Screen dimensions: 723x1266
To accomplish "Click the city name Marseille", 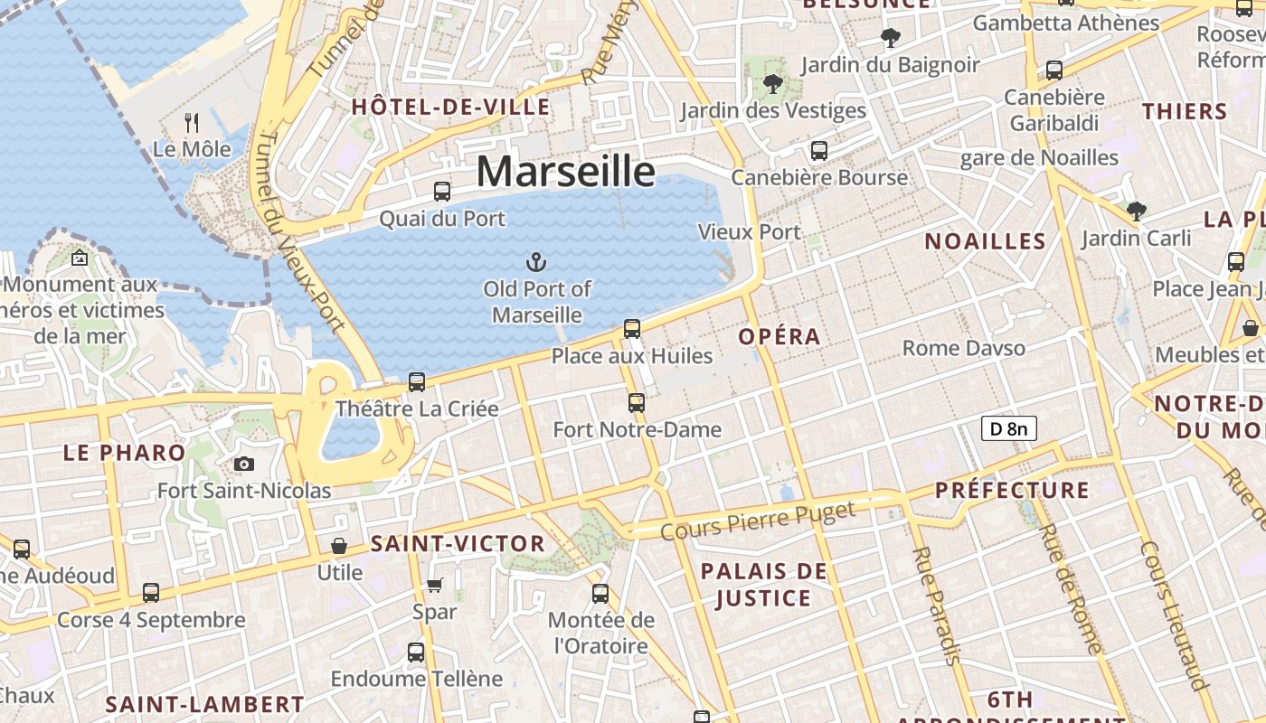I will tap(565, 171).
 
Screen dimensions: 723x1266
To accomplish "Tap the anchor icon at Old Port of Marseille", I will tap(537, 263).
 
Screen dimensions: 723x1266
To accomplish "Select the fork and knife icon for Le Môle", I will tap(192, 122).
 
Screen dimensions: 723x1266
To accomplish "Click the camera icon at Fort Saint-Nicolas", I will tap(243, 465).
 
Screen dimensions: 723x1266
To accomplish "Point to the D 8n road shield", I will tap(1008, 428).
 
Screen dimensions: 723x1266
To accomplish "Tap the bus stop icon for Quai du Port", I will tap(442, 192).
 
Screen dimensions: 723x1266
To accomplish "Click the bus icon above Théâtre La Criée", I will tap(417, 382).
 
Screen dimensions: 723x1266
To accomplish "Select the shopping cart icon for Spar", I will tap(435, 586).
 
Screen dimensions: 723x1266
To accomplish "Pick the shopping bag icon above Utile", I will tap(339, 546).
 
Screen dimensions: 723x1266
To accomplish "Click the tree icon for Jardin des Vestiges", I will tap(773, 85).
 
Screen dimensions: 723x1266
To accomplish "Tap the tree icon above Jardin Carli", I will tap(1137, 211).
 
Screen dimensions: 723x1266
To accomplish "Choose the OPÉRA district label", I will tap(779, 337).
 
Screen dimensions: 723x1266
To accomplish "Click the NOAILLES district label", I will tap(985, 241).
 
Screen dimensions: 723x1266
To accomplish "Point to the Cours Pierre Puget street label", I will tap(758, 522).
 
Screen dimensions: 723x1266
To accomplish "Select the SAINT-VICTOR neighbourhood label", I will tap(458, 544).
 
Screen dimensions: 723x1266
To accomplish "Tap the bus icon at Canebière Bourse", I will tap(819, 151).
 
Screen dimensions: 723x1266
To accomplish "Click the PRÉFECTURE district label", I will tap(1012, 491).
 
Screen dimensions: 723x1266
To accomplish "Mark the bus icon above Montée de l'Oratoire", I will tap(600, 594).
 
